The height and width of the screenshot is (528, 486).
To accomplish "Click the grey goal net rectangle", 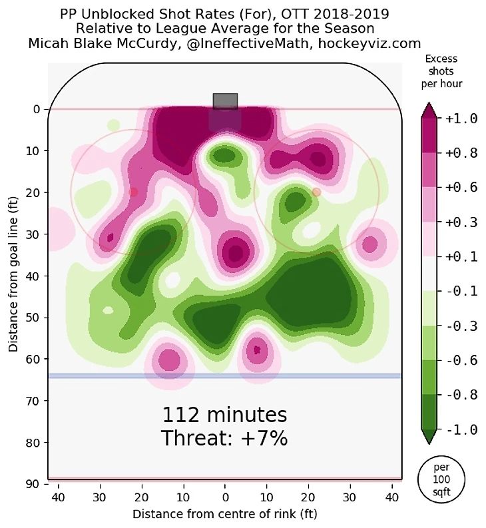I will pyautogui.click(x=225, y=101).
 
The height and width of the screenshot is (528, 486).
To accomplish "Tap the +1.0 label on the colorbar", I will pyautogui.click(x=461, y=119).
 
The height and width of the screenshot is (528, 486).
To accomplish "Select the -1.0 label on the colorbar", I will pyautogui.click(x=461, y=430).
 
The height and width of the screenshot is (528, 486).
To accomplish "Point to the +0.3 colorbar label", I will pyautogui.click(x=461, y=222).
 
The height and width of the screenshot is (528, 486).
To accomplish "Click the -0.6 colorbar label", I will pyautogui.click(x=461, y=361).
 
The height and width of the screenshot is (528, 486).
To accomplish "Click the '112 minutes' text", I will pyautogui.click(x=224, y=415).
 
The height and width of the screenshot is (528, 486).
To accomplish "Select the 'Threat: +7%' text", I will pyautogui.click(x=224, y=439).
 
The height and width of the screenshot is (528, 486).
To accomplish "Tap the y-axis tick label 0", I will pyautogui.click(x=37, y=109).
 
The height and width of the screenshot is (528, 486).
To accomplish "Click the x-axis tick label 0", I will pyautogui.click(x=225, y=497).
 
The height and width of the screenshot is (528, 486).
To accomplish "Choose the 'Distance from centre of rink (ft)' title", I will pyautogui.click(x=224, y=514).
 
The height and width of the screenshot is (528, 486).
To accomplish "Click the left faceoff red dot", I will pyautogui.click(x=134, y=192).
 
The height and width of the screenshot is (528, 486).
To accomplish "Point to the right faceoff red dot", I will pyautogui.click(x=316, y=192).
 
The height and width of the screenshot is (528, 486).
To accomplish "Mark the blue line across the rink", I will pyautogui.click(x=224, y=376).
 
